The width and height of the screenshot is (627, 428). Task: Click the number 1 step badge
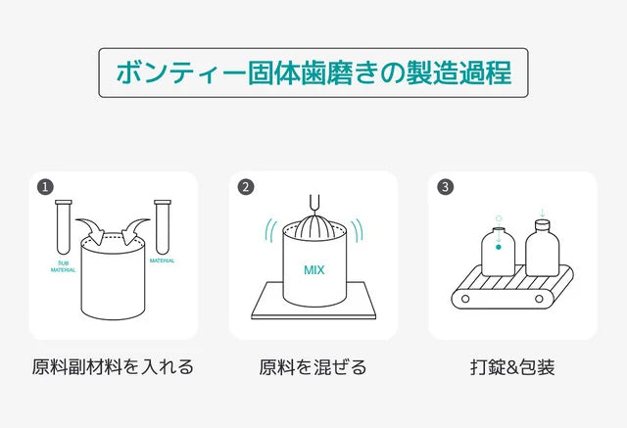(x=44, y=186)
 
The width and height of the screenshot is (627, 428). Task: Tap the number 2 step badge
(x=246, y=186)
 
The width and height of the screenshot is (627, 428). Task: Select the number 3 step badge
(x=446, y=186)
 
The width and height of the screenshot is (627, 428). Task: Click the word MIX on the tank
(x=313, y=268)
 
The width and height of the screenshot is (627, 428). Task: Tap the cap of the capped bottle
(x=542, y=225)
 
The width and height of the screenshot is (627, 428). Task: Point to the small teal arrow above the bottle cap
(x=542, y=212)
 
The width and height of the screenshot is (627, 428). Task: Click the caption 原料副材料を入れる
(x=113, y=368)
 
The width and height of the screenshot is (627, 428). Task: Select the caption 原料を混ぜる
(x=313, y=368)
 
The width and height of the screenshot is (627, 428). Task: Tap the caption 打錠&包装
(x=512, y=368)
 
